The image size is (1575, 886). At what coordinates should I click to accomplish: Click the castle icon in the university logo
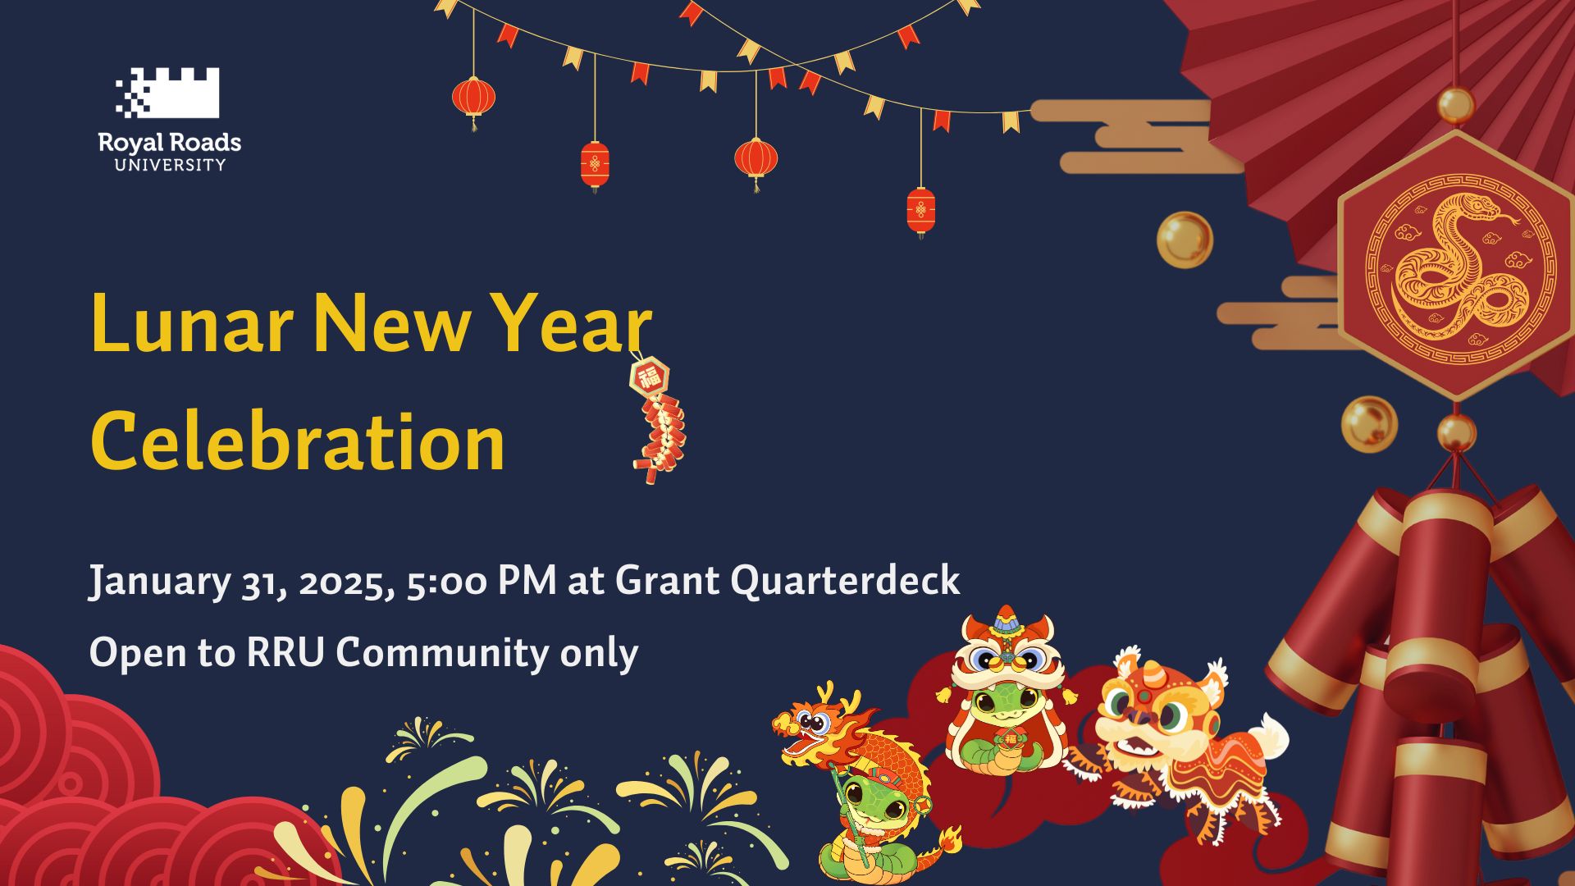pyautogui.click(x=167, y=92)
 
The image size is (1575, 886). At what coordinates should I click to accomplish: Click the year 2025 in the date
pyautogui.click(x=342, y=582)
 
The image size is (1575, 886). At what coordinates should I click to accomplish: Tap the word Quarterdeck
pyautogui.click(x=845, y=580)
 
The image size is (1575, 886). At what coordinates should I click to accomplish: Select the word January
pyautogui.click(x=160, y=582)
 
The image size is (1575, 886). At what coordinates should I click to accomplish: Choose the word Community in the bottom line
pyautogui.click(x=442, y=654)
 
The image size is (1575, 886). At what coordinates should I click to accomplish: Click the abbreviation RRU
pyautogui.click(x=285, y=653)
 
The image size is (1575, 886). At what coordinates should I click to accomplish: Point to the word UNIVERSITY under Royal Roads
pyautogui.click(x=170, y=165)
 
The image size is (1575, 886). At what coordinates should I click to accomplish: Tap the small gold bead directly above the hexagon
pyautogui.click(x=1456, y=105)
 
